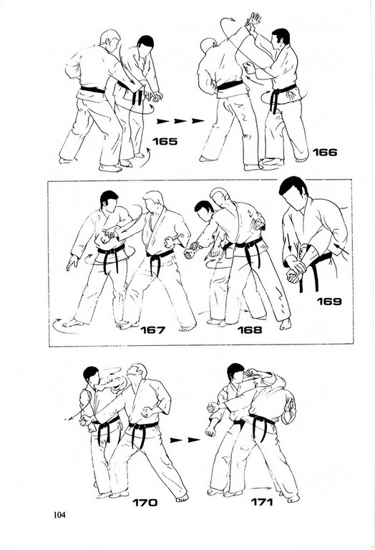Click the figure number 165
tap(165, 142)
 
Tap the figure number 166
tap(324, 153)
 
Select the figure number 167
tap(152, 330)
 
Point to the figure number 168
tap(250, 330)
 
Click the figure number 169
tap(329, 301)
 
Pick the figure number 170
tap(145, 503)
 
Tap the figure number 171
tap(262, 502)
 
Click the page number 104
tap(59, 515)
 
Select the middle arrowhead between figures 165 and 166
tap(180, 121)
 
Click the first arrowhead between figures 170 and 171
tap(175, 440)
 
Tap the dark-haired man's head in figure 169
tap(293, 193)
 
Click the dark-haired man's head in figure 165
tap(145, 47)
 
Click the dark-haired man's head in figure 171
tap(235, 373)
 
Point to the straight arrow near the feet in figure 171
tap(262, 488)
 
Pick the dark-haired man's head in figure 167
tap(109, 201)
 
